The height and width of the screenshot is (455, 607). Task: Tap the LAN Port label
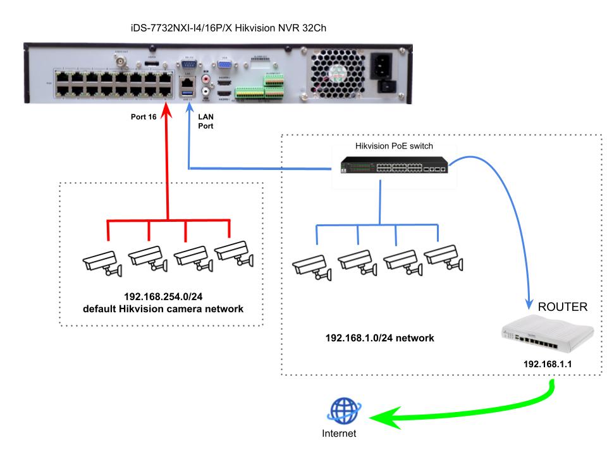pyautogui.click(x=206, y=121)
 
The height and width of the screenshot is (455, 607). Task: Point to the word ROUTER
pyautogui.click(x=563, y=307)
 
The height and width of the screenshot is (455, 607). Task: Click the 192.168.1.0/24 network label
pyautogui.click(x=379, y=338)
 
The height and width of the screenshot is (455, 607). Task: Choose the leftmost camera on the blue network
pyautogui.click(x=312, y=265)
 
